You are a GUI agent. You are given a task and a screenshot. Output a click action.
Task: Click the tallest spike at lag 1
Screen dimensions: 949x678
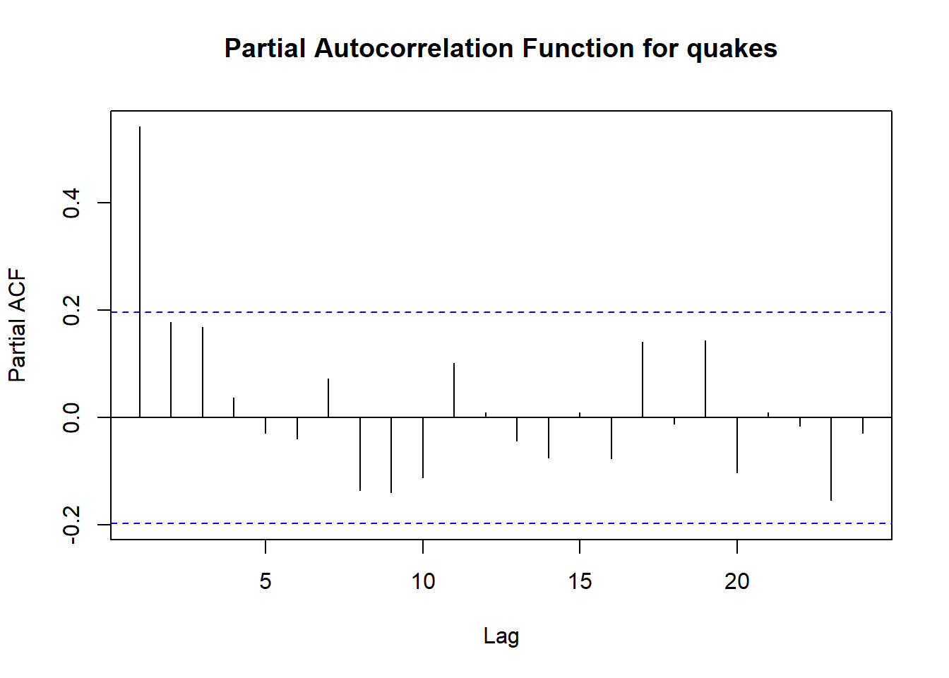(x=140, y=272)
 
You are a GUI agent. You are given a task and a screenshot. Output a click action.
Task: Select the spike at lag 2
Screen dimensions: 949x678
(x=171, y=370)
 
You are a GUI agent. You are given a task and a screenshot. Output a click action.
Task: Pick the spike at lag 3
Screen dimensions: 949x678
(x=203, y=372)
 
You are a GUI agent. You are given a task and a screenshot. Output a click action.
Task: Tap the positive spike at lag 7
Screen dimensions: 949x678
(x=328, y=398)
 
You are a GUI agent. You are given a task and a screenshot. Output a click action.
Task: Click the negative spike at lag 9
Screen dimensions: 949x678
(x=391, y=455)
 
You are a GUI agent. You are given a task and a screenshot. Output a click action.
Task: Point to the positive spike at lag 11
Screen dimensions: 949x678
(x=454, y=391)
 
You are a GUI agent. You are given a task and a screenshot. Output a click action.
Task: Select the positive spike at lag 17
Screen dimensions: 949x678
(x=643, y=380)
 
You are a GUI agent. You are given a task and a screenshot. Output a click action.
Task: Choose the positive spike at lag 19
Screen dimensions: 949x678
(x=705, y=379)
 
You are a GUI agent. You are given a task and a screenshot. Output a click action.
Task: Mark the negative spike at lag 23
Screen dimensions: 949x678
(x=831, y=459)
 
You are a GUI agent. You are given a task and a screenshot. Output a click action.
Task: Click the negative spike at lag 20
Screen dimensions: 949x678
(x=737, y=445)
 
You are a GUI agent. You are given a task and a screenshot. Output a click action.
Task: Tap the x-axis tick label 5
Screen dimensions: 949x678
(x=265, y=581)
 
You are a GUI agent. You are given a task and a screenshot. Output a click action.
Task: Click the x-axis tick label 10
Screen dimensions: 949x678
(x=423, y=581)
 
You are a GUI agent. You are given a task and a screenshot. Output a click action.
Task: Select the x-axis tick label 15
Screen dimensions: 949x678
(x=580, y=581)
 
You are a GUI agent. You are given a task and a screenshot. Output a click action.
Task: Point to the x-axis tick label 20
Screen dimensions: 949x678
(x=736, y=581)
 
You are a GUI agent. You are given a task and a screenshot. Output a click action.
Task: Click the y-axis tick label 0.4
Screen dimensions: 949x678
(x=71, y=203)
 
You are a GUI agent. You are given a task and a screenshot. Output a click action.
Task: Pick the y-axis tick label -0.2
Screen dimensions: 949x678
(x=71, y=525)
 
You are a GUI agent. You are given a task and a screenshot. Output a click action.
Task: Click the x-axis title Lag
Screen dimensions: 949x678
(x=501, y=636)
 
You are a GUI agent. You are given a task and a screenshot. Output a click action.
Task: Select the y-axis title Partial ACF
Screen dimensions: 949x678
(x=18, y=325)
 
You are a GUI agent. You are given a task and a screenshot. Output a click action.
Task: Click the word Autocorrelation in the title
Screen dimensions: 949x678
(x=414, y=48)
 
